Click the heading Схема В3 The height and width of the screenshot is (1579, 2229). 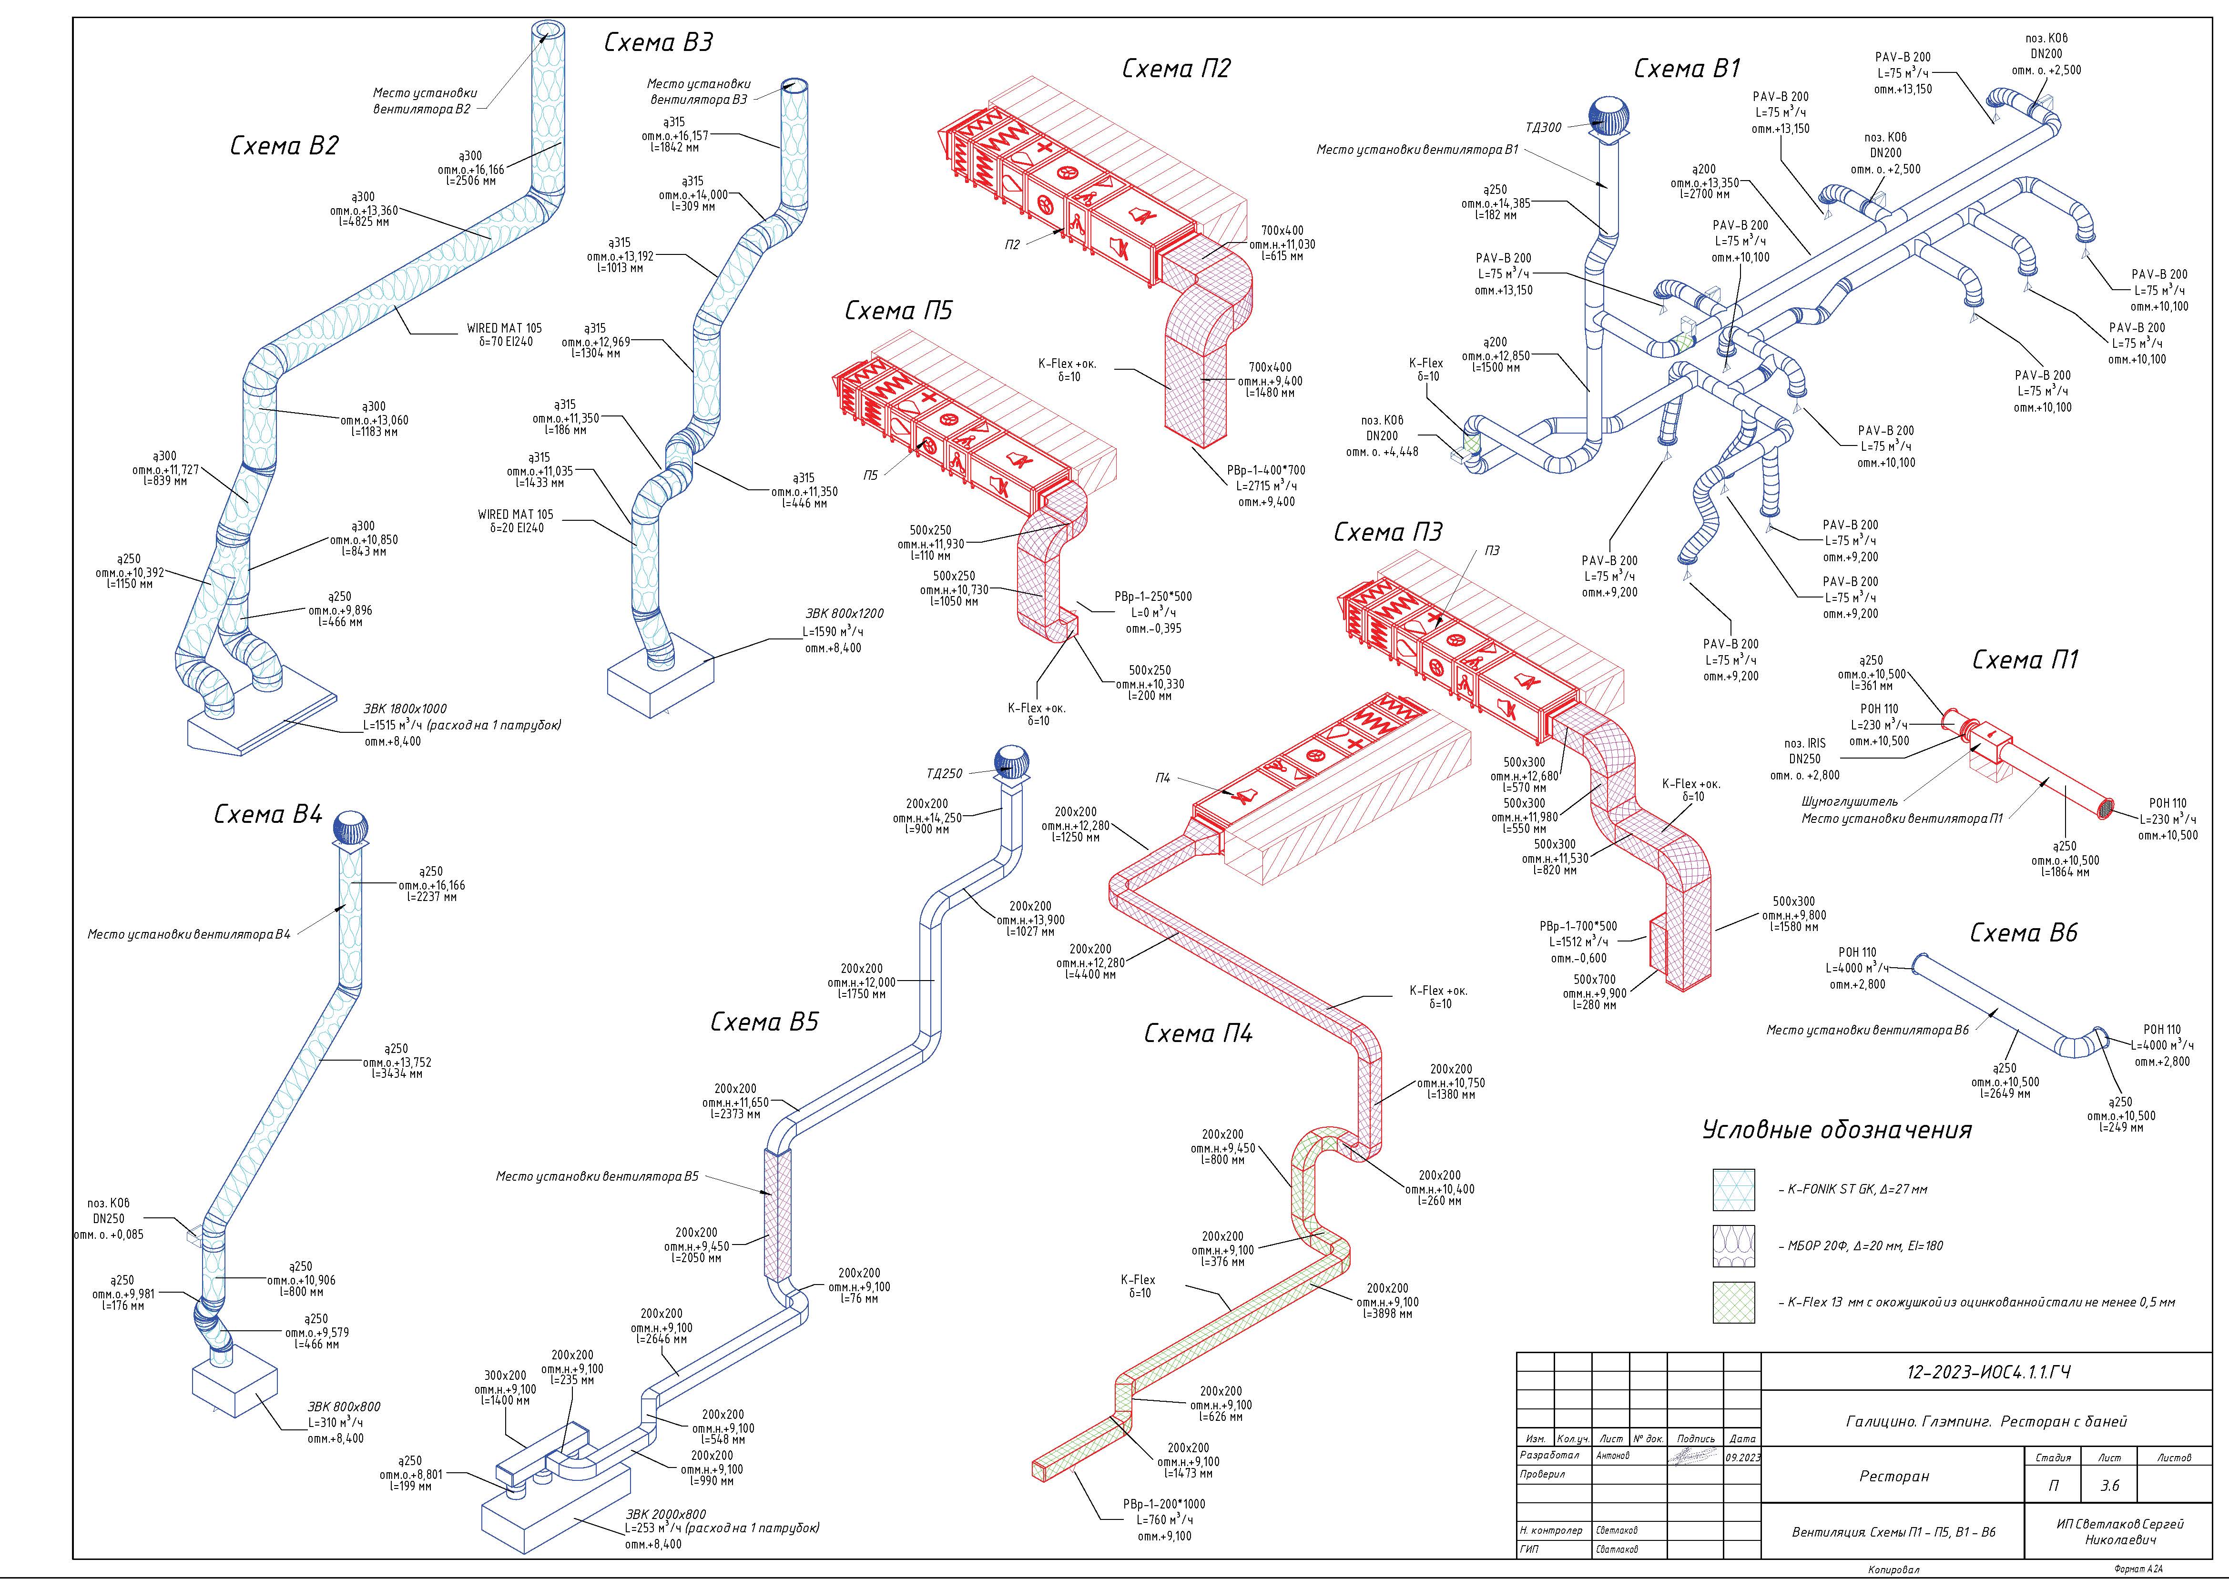coord(658,42)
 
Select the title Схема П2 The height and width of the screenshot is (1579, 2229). coord(1176,68)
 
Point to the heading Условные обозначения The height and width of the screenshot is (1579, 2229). coord(1837,1130)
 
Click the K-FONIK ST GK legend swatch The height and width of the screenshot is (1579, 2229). coord(1734,1189)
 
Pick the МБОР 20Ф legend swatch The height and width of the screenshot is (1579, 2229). coord(1734,1245)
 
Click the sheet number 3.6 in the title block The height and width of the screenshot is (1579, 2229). coord(2109,1486)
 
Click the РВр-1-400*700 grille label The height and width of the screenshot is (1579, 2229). coord(1266,470)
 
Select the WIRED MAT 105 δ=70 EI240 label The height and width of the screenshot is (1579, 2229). coord(505,335)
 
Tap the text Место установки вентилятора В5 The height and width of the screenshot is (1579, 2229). coord(597,1176)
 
